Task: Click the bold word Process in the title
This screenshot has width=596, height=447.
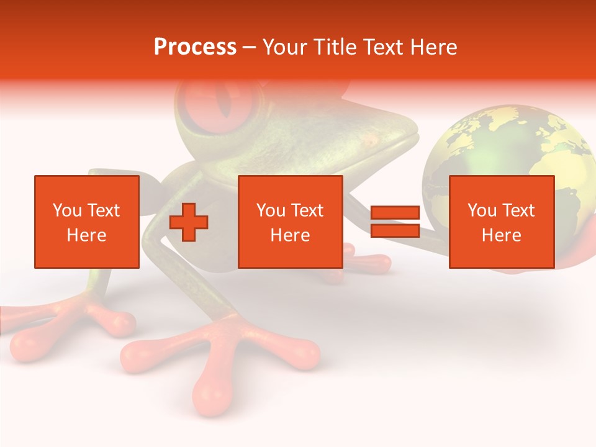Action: pyautogui.click(x=195, y=47)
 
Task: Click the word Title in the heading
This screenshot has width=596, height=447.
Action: pyautogui.click(x=333, y=47)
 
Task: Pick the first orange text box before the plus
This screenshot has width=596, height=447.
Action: pyautogui.click(x=86, y=222)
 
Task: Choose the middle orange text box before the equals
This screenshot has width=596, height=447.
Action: pyautogui.click(x=290, y=222)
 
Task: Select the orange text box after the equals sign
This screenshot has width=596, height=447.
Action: pyautogui.click(x=501, y=222)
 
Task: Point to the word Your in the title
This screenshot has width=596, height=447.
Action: pyautogui.click(x=286, y=47)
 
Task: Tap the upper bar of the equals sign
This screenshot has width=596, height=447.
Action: pyautogui.click(x=395, y=213)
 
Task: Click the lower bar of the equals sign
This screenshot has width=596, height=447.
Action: pyautogui.click(x=395, y=231)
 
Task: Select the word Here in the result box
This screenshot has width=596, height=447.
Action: pyautogui.click(x=501, y=235)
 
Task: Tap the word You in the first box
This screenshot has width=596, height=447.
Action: pyautogui.click(x=67, y=210)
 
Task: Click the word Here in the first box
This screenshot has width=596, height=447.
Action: pyautogui.click(x=86, y=235)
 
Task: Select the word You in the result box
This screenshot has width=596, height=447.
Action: pyautogui.click(x=482, y=210)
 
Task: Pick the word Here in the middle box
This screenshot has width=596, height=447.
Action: pyautogui.click(x=290, y=235)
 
